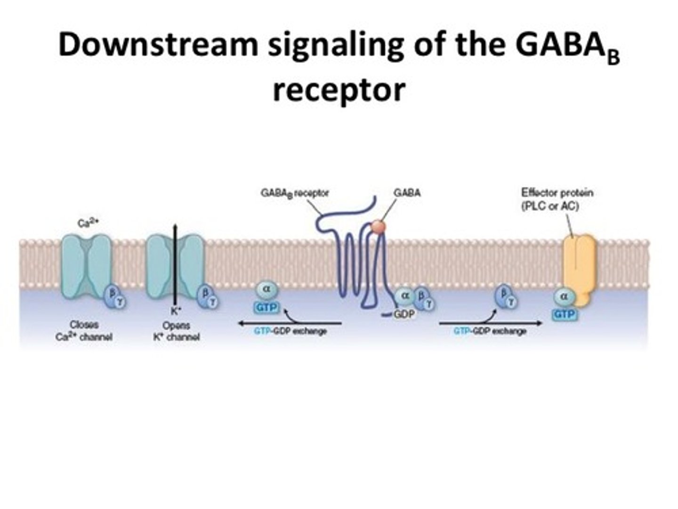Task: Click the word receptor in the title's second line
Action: click(x=339, y=89)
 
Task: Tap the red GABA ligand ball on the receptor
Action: click(x=378, y=227)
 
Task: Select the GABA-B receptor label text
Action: click(x=295, y=193)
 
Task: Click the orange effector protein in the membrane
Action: click(x=580, y=269)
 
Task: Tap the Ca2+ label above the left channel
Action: click(x=87, y=224)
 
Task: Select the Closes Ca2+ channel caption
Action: click(x=84, y=330)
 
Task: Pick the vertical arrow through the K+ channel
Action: click(x=175, y=264)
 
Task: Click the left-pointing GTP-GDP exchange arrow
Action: click(x=290, y=323)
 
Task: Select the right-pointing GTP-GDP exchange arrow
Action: click(x=490, y=323)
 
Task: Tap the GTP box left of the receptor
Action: click(x=266, y=308)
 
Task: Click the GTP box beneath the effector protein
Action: click(x=564, y=314)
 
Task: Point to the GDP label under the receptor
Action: click(x=404, y=314)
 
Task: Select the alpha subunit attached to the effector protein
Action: click(x=564, y=296)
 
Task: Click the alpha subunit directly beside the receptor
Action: click(x=404, y=296)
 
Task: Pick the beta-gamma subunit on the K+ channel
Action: click(x=208, y=296)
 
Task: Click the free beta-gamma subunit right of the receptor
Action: click(x=506, y=296)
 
